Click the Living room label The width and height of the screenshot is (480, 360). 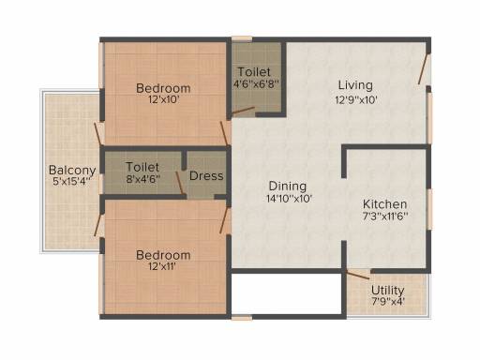[x=355, y=85]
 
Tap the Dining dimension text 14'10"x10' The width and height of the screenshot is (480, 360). [x=290, y=199]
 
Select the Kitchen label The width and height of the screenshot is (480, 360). [x=384, y=204]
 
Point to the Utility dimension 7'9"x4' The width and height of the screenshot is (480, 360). [x=388, y=302]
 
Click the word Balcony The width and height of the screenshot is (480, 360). [x=72, y=171]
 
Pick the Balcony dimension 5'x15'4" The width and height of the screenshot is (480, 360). [x=71, y=182]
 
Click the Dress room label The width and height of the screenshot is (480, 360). [x=206, y=176]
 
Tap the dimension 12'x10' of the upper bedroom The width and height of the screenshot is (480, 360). [x=163, y=100]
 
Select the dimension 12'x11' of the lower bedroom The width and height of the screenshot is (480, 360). [x=163, y=266]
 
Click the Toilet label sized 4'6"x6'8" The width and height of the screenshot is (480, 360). [x=254, y=72]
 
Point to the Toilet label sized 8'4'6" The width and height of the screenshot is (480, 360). [x=142, y=167]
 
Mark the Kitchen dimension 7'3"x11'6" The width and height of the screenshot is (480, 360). [x=385, y=216]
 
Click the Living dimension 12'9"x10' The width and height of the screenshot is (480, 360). [x=356, y=100]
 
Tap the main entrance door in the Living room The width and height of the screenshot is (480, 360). [x=423, y=69]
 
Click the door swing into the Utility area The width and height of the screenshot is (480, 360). [x=358, y=275]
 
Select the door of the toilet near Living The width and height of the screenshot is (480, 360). [x=243, y=111]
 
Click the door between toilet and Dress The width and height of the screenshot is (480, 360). [x=179, y=183]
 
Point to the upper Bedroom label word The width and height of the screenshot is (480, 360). [x=163, y=88]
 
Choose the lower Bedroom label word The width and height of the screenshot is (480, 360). [x=163, y=255]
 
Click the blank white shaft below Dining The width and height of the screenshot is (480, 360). [x=287, y=293]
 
